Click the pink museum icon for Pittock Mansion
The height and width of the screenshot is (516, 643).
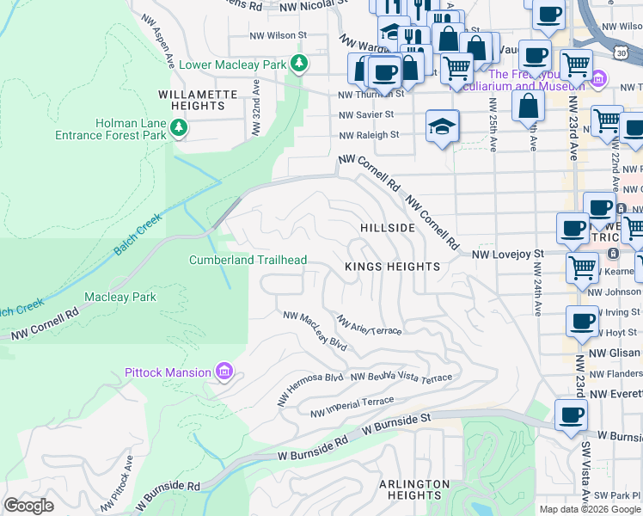(x=224, y=372)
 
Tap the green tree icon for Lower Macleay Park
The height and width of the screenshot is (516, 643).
(x=298, y=62)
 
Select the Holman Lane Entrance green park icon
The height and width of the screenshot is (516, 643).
(x=178, y=128)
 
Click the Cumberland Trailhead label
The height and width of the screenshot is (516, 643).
(x=248, y=260)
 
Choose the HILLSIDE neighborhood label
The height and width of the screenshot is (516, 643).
(x=388, y=227)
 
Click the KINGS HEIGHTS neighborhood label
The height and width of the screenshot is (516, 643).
(x=392, y=267)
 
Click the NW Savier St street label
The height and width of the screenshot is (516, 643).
(x=366, y=114)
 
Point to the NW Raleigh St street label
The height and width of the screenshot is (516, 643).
(x=369, y=135)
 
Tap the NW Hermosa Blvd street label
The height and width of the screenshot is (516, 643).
(x=309, y=389)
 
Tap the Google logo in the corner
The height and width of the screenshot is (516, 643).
(x=28, y=506)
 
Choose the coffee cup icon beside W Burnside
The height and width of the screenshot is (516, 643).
(x=570, y=416)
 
